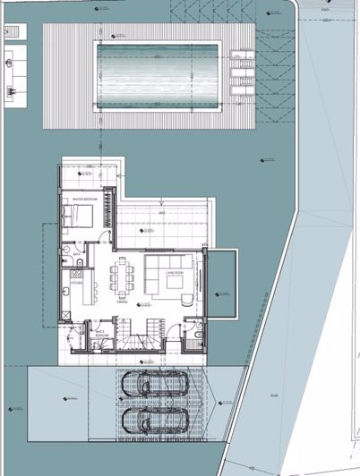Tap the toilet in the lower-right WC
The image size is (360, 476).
(196, 337)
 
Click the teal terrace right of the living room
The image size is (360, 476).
(220, 282)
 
